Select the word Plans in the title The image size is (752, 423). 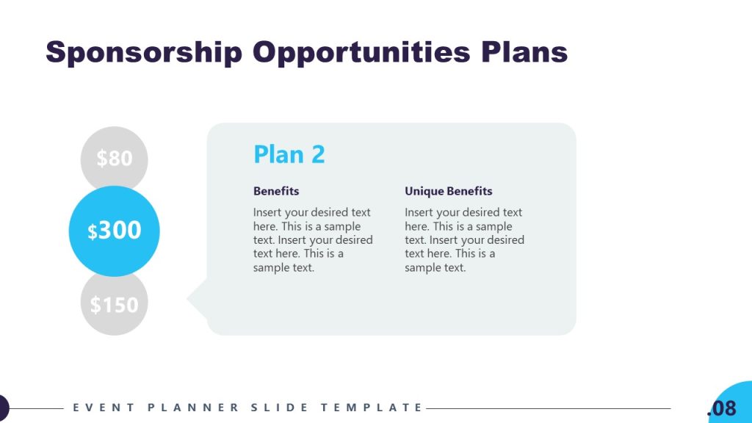(x=524, y=53)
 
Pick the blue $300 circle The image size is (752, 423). (x=114, y=231)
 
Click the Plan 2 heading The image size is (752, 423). (x=289, y=154)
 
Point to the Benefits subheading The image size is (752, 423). (x=276, y=191)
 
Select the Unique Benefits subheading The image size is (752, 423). (x=448, y=191)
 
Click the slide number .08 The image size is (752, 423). (x=721, y=408)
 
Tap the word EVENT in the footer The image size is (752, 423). (x=93, y=408)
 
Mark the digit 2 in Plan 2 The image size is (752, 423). (x=317, y=154)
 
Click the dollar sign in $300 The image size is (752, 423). (x=93, y=232)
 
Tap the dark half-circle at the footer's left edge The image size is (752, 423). (x=3, y=408)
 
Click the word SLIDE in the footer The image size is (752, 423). (x=281, y=408)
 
